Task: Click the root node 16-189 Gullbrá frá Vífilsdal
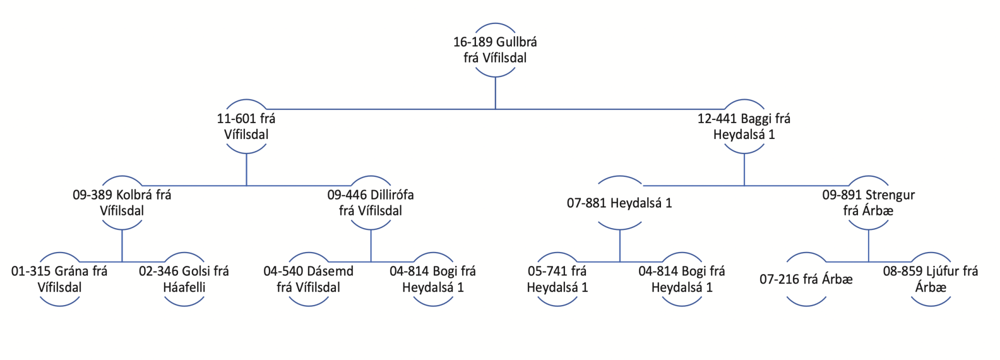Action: [x=495, y=50]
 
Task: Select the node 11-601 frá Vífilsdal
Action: [x=246, y=126]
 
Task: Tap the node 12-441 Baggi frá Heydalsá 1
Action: [x=744, y=126]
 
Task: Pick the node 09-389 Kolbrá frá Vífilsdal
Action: [x=122, y=202]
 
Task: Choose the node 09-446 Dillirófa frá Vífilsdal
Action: [x=370, y=202]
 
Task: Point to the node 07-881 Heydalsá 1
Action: [x=619, y=203]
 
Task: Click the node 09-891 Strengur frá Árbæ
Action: [x=868, y=202]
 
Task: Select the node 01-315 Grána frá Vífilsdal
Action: [x=59, y=279]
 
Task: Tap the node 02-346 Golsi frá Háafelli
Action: [x=184, y=279]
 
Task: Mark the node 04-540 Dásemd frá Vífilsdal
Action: [x=308, y=279]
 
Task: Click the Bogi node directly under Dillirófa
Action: [x=433, y=279]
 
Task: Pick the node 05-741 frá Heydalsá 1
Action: [x=557, y=279]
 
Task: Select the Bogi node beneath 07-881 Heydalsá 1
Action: [x=681, y=279]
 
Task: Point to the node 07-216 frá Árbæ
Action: [x=806, y=279]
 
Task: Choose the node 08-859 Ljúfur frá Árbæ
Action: [x=930, y=279]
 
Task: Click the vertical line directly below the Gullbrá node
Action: [x=495, y=93]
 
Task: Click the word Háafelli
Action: [x=184, y=287]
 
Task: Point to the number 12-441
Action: [x=717, y=118]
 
